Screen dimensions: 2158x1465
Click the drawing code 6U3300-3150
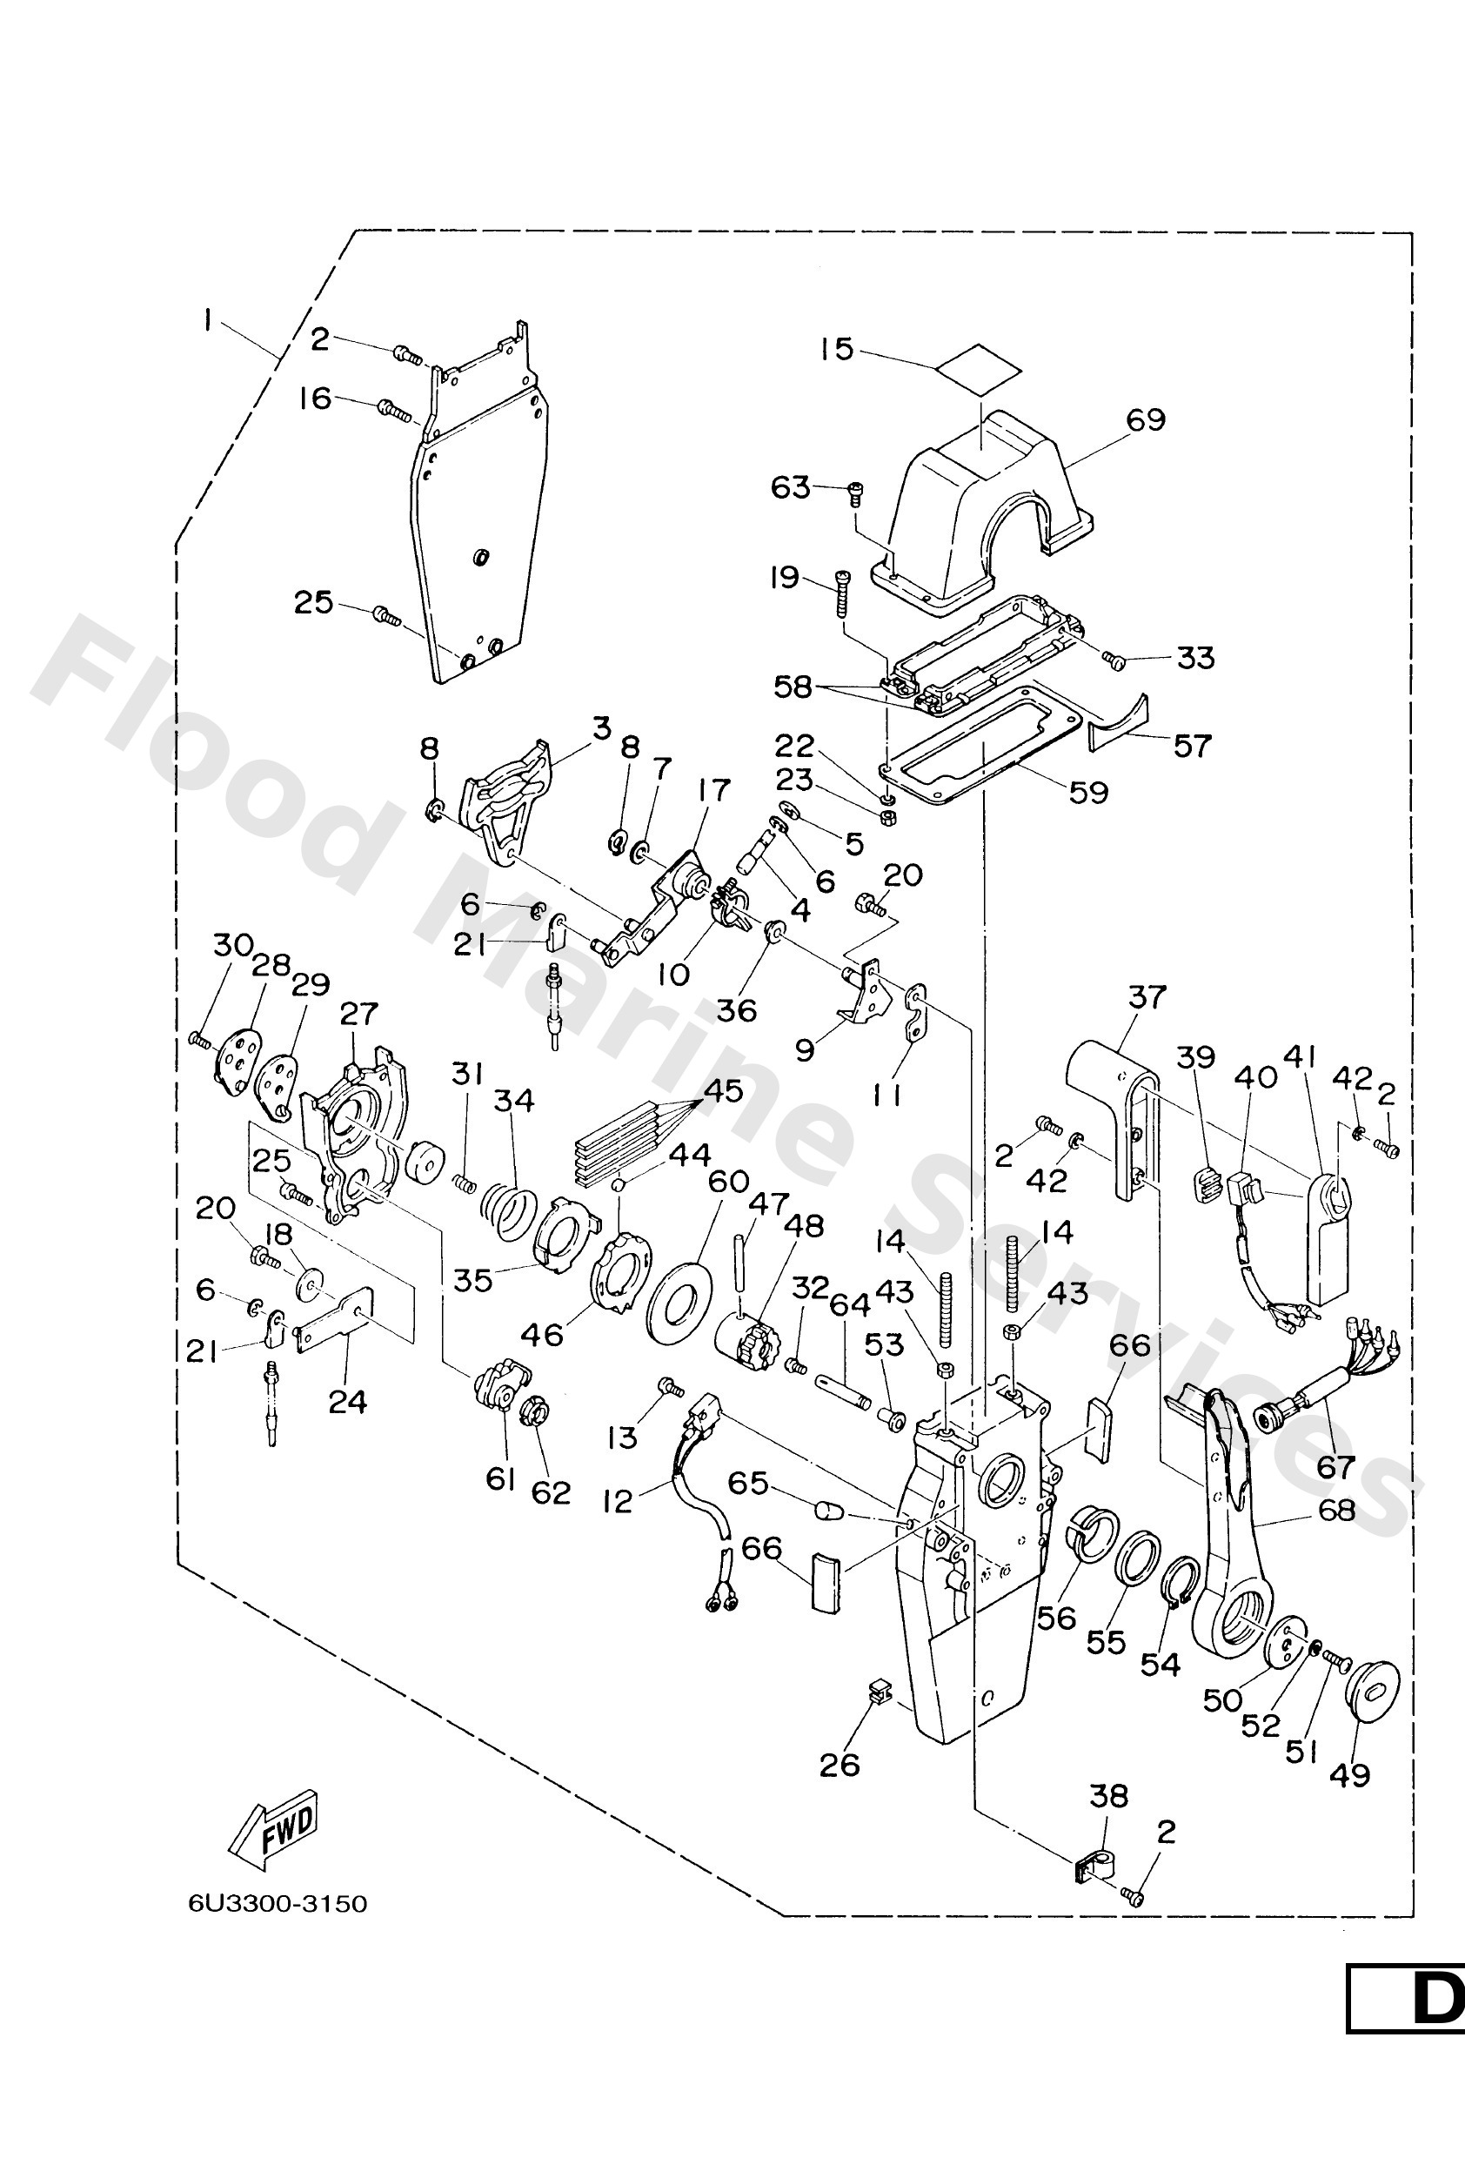pyautogui.click(x=278, y=1904)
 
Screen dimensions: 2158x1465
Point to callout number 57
pyautogui.click(x=1192, y=745)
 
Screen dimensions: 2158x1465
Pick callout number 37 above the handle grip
pyautogui.click(x=1147, y=996)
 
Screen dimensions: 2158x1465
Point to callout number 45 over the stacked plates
pyautogui.click(x=723, y=1090)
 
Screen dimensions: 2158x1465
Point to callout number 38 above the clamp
pyautogui.click(x=1107, y=1796)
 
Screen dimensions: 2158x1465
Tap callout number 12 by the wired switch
pyautogui.click(x=618, y=1500)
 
